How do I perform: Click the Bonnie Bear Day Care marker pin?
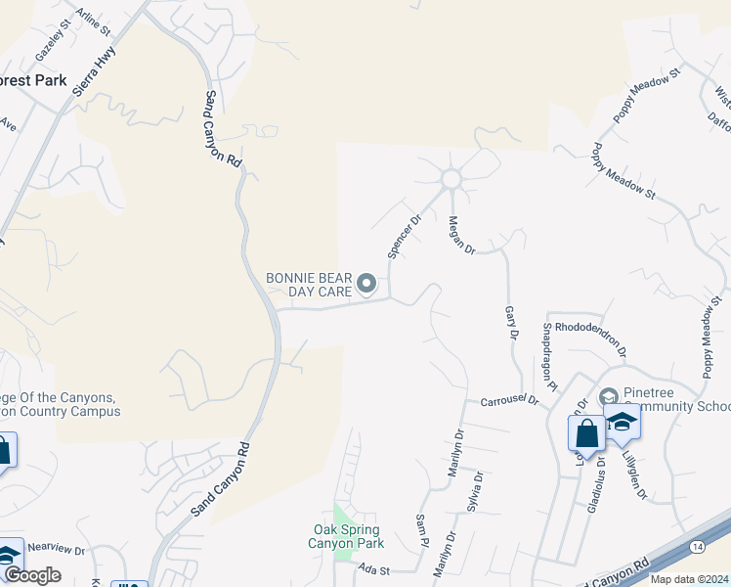tap(367, 284)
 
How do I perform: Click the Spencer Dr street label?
tap(403, 236)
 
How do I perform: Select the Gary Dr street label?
tap(510, 323)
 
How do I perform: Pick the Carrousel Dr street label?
tap(509, 400)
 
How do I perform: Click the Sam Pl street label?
tap(422, 531)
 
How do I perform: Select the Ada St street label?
tap(374, 569)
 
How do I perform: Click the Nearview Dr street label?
tap(57, 550)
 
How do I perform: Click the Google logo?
tap(32, 575)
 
